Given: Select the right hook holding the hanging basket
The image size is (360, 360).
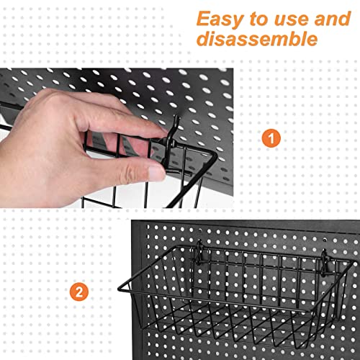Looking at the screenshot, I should coord(325,259).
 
